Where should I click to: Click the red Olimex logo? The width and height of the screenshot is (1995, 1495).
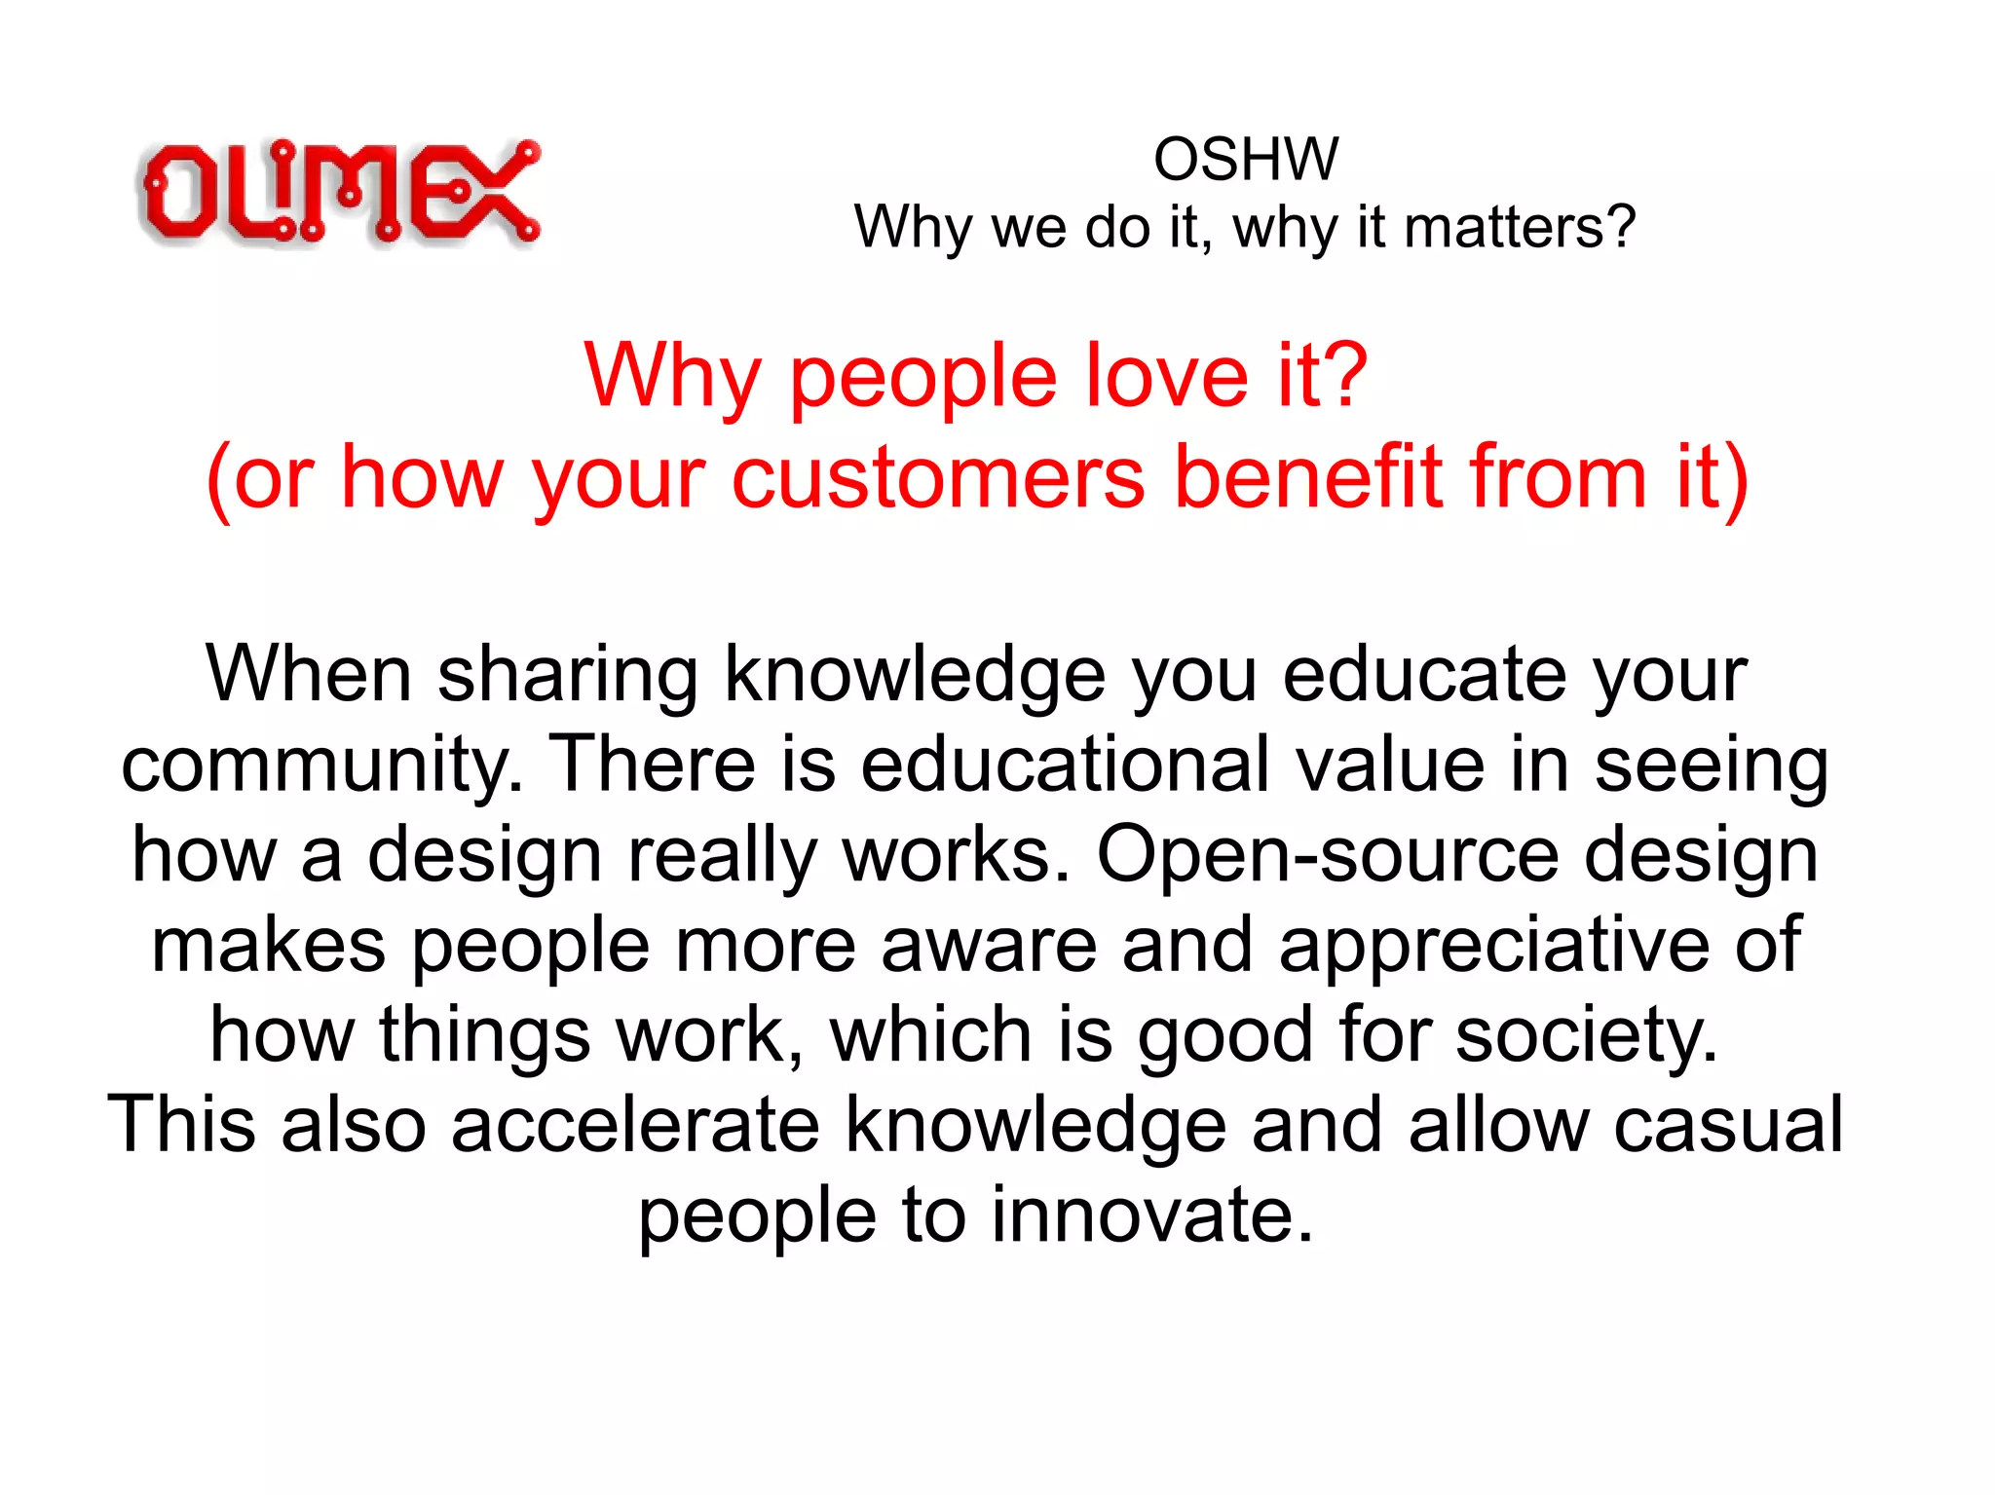[x=339, y=192]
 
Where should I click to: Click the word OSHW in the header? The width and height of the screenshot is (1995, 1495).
[x=1246, y=159]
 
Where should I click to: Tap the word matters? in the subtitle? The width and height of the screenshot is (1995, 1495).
[x=1520, y=228]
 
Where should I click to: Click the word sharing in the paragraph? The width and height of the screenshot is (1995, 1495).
[x=567, y=675]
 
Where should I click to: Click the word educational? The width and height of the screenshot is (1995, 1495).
[x=1065, y=765]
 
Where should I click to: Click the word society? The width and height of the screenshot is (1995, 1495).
[x=1586, y=1036]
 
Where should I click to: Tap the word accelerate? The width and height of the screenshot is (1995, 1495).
[x=635, y=1125]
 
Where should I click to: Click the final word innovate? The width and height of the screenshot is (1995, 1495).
[x=1152, y=1215]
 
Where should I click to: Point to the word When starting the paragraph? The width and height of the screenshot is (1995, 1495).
[x=309, y=675]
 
